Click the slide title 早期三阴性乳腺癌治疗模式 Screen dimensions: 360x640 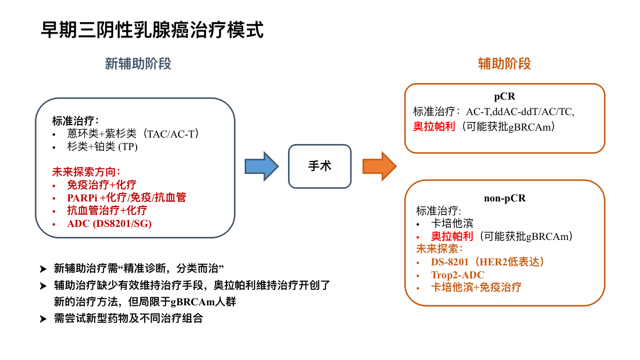click(152, 29)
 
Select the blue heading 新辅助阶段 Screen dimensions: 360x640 click(138, 64)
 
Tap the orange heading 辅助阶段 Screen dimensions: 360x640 click(504, 64)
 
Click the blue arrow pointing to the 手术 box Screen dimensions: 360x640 click(261, 166)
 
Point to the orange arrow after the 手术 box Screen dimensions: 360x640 click(379, 166)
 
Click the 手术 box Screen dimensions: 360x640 click(320, 166)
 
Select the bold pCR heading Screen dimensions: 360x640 click(504, 97)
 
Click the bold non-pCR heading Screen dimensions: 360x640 click(504, 198)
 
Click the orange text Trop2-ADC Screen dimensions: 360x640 click(457, 275)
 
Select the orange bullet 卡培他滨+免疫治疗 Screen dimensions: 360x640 click(476, 288)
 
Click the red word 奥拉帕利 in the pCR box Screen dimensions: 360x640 click(434, 127)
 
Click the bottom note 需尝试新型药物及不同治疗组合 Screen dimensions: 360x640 click(128, 318)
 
